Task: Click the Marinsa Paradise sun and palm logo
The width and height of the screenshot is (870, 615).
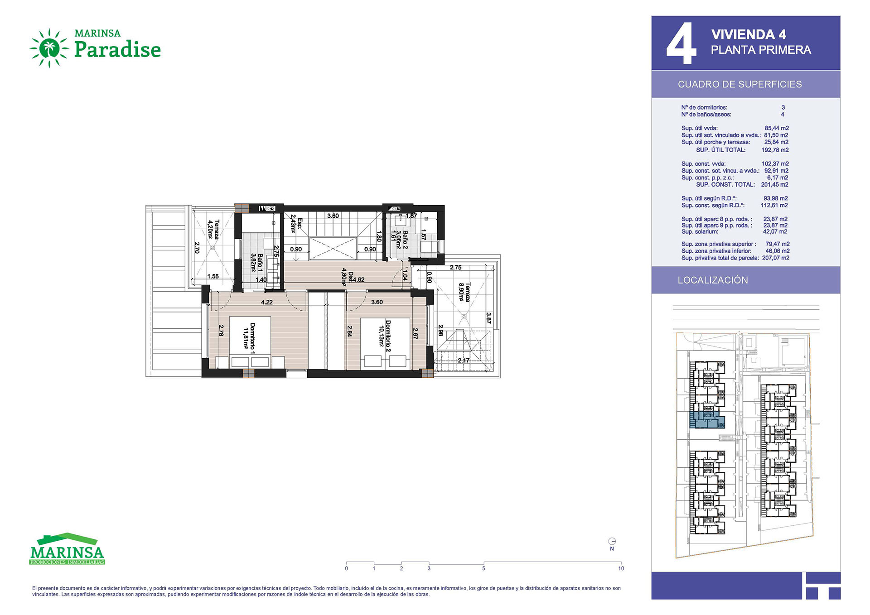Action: (49, 48)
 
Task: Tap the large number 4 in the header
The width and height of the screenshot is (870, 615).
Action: (681, 43)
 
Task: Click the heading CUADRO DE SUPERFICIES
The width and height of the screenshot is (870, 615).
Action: (739, 84)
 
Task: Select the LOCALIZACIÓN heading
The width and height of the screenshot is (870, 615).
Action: (713, 280)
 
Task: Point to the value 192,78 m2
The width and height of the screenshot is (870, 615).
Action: (775, 150)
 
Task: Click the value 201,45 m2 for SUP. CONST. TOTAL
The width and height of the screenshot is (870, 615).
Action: (775, 185)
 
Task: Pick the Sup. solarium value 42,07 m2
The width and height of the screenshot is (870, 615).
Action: (775, 231)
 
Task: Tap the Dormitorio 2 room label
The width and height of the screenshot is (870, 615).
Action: (385, 336)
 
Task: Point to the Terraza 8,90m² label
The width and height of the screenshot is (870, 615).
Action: (464, 293)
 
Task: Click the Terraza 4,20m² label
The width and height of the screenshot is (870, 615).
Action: (213, 229)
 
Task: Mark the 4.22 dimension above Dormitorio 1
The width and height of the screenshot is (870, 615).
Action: (267, 302)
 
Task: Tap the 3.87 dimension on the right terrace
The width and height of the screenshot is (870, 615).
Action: (488, 317)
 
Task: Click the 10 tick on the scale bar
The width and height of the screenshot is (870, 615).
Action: (621, 568)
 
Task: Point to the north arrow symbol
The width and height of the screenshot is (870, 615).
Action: (612, 541)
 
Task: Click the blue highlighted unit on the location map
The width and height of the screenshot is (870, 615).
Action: (706, 420)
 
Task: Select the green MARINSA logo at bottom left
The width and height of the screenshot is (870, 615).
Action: (67, 549)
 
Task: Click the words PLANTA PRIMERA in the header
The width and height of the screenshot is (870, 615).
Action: (761, 50)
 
